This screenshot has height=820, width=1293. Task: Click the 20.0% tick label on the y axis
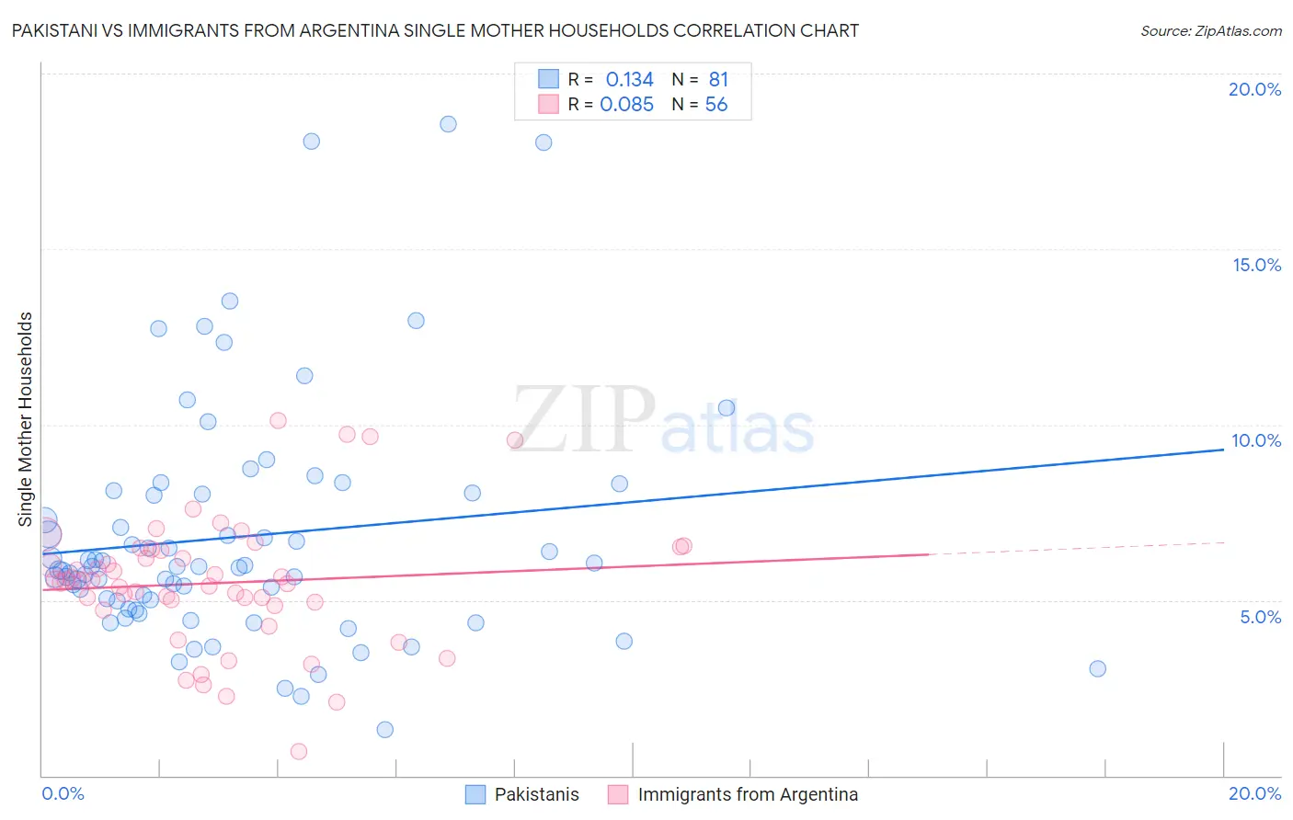tap(1254, 89)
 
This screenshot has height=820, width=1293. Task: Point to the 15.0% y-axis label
tap(1256, 265)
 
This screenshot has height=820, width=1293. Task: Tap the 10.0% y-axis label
tap(1256, 440)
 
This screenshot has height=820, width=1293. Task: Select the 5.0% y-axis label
tap(1260, 617)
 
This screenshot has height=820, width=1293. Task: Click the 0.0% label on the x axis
tap(63, 793)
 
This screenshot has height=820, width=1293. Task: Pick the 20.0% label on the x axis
tap(1254, 793)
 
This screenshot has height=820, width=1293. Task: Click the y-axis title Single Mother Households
tap(26, 419)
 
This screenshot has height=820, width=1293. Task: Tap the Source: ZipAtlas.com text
tap(1210, 30)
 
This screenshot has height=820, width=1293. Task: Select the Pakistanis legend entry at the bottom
tap(536, 794)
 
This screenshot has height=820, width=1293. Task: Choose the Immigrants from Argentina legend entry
tap(747, 794)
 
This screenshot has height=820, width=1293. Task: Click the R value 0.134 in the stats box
tap(629, 80)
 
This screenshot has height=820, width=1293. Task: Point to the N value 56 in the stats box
tap(715, 105)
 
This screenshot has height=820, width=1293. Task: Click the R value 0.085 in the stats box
tap(626, 105)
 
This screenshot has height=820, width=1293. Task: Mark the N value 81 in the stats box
tap(718, 80)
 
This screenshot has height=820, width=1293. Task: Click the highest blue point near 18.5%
tap(448, 124)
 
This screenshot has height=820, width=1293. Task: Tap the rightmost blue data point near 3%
tap(1097, 668)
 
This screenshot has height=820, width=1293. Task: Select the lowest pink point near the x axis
tap(298, 751)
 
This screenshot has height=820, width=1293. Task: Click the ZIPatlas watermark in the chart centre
tap(662, 420)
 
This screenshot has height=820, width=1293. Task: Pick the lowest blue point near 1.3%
tap(384, 729)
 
